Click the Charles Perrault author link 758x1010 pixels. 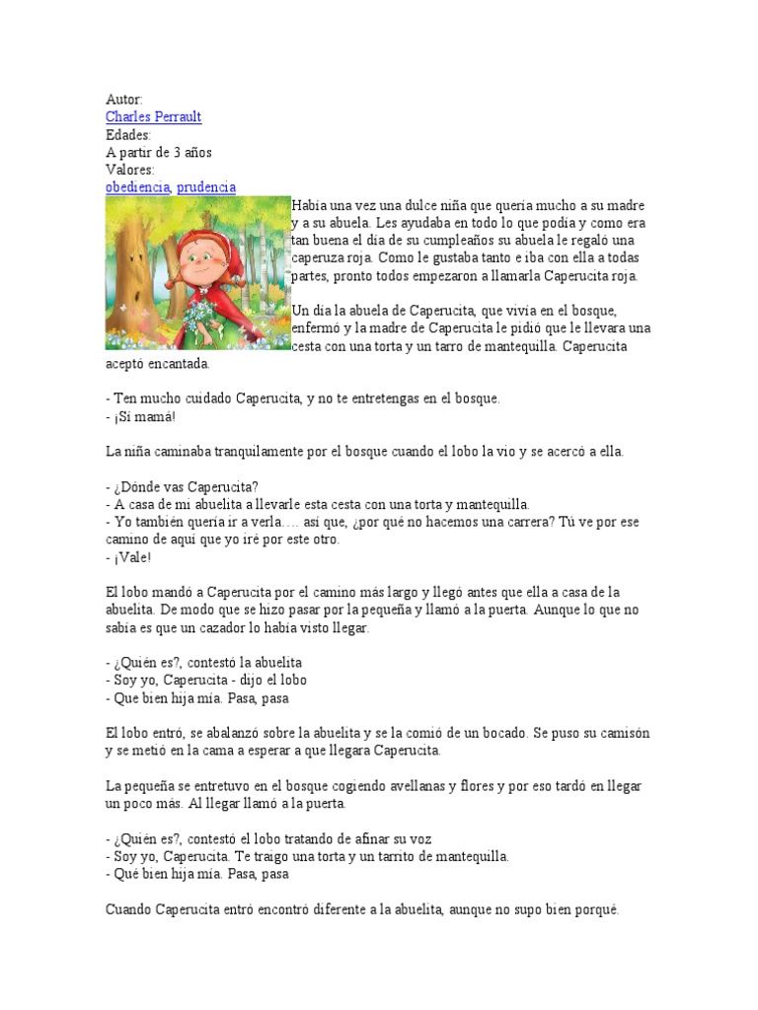(x=153, y=117)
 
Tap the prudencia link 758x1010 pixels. (x=206, y=187)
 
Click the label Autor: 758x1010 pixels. (x=124, y=100)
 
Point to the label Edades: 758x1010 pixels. (x=128, y=135)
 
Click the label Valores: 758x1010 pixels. (x=130, y=170)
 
